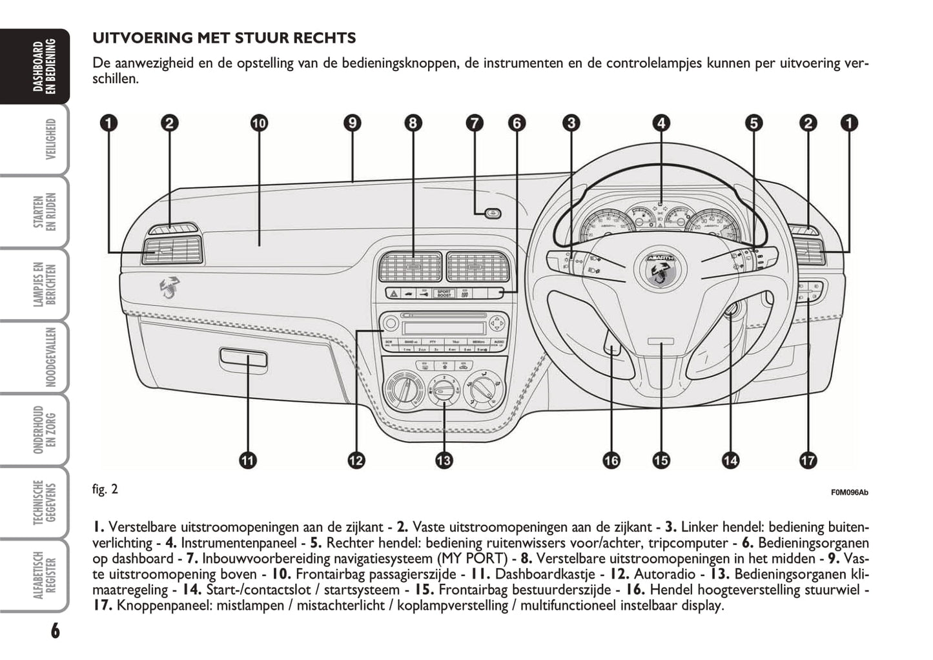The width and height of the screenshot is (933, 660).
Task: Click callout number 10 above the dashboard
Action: (x=258, y=123)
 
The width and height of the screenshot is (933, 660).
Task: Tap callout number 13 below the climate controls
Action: (x=444, y=460)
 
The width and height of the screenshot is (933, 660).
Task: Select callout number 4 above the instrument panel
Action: (x=661, y=123)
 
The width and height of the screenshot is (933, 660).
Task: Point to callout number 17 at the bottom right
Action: (x=808, y=460)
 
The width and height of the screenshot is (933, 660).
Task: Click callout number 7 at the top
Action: (x=475, y=123)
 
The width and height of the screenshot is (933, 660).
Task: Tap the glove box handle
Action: (x=243, y=356)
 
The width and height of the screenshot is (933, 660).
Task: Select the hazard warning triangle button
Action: (x=393, y=294)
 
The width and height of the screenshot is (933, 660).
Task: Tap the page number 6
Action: (x=55, y=630)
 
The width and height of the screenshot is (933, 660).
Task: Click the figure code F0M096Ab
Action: (x=849, y=493)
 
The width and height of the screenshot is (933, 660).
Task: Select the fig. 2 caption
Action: (x=105, y=489)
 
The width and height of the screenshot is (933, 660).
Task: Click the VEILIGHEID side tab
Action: (x=50, y=139)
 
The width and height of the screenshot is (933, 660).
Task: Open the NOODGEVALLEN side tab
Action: (x=50, y=357)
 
